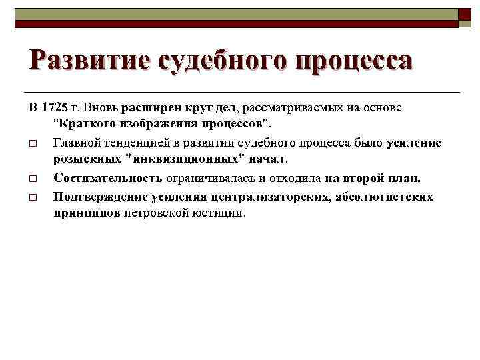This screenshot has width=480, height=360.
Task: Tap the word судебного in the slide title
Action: (x=221, y=61)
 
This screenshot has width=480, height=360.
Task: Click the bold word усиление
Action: (x=414, y=143)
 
